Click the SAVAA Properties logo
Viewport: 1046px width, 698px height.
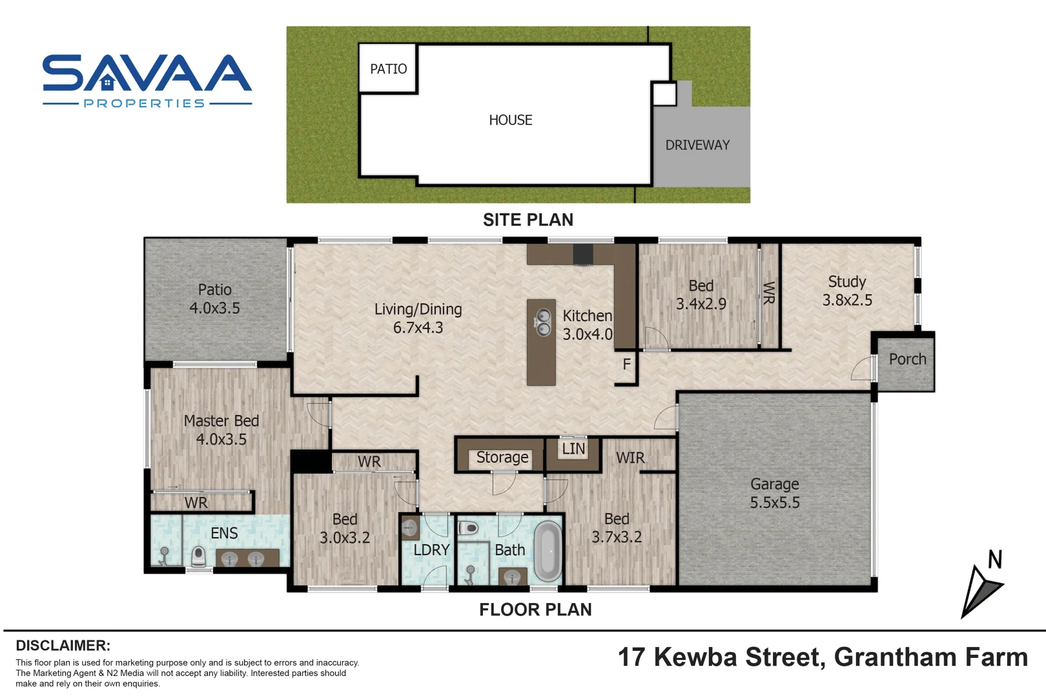click(147, 80)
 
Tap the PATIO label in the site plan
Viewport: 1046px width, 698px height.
click(388, 69)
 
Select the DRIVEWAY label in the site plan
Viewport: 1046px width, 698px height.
click(697, 145)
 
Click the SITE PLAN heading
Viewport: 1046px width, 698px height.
click(528, 220)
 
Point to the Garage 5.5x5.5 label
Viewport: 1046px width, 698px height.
click(774, 493)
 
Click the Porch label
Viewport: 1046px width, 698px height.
click(907, 359)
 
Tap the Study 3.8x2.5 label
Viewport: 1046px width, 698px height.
click(846, 291)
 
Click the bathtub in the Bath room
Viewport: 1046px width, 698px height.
click(548, 551)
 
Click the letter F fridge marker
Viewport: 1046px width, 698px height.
click(626, 365)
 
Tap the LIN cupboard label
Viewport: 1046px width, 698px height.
click(573, 449)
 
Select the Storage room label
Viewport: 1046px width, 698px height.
click(502, 458)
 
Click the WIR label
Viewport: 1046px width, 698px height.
click(630, 458)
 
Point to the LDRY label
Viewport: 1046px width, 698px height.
click(431, 550)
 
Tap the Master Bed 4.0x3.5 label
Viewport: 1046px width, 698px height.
click(221, 430)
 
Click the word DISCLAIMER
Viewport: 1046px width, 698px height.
click(63, 646)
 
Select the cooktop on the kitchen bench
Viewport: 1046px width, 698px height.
click(583, 254)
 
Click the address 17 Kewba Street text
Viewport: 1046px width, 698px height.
click(721, 657)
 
